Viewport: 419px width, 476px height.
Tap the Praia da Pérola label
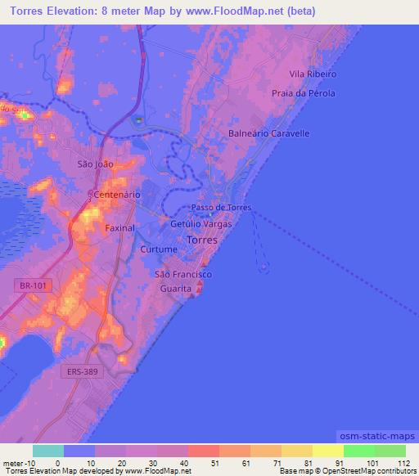(304, 93)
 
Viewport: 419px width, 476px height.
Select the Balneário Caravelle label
(269, 132)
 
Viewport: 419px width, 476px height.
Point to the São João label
(94, 164)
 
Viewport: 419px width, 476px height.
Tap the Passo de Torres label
(221, 208)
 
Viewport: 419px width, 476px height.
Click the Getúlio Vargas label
(201, 223)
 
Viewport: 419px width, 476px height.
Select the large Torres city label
(202, 240)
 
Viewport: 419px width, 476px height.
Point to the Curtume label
(159, 249)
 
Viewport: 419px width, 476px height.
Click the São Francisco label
(184, 275)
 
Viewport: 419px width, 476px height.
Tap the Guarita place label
(175, 289)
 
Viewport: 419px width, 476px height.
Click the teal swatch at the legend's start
(47, 451)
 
